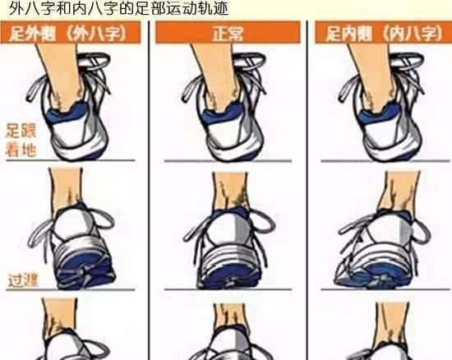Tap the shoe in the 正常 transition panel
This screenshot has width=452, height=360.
pyautogui.click(x=226, y=247)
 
